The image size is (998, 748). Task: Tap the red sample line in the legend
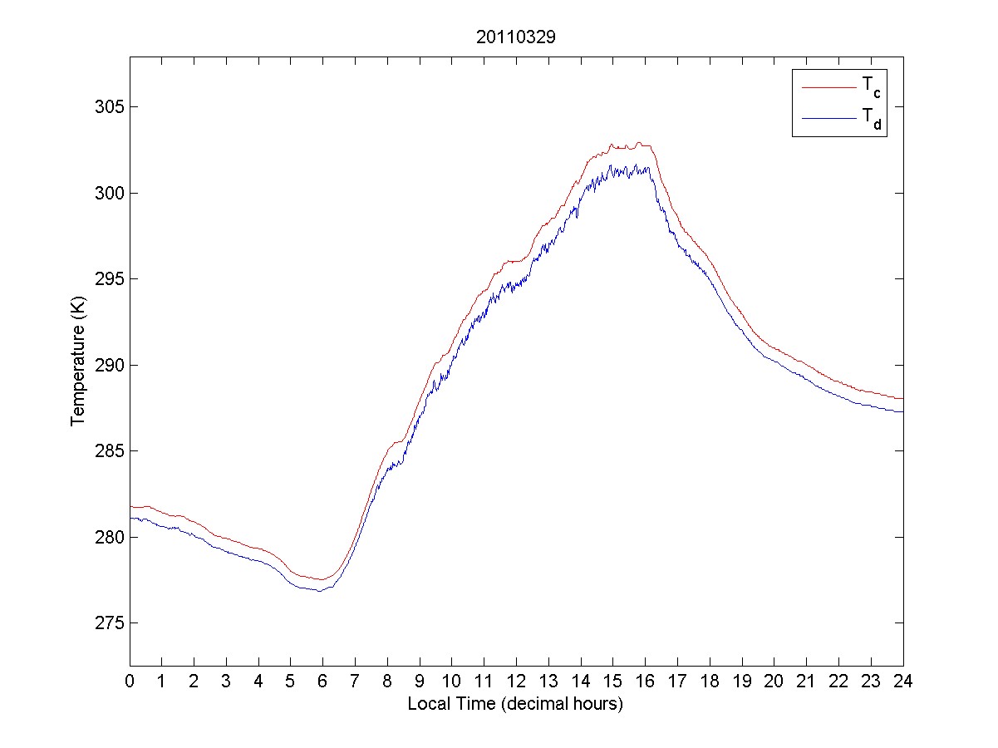pyautogui.click(x=828, y=86)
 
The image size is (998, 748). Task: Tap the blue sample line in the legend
pyautogui.click(x=828, y=119)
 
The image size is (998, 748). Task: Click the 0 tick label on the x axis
pyautogui.click(x=130, y=682)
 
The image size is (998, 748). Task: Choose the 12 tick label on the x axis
pyautogui.click(x=516, y=682)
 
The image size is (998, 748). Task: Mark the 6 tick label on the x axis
pyautogui.click(x=322, y=682)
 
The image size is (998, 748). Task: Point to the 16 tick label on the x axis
pyautogui.click(x=645, y=682)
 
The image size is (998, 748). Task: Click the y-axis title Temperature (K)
pyautogui.click(x=78, y=365)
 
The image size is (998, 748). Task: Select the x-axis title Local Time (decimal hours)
pyautogui.click(x=515, y=704)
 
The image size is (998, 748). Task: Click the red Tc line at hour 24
pyautogui.click(x=902, y=399)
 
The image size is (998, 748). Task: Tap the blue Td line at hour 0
pyautogui.click(x=131, y=519)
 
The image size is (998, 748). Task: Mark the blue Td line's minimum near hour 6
pyautogui.click(x=319, y=591)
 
